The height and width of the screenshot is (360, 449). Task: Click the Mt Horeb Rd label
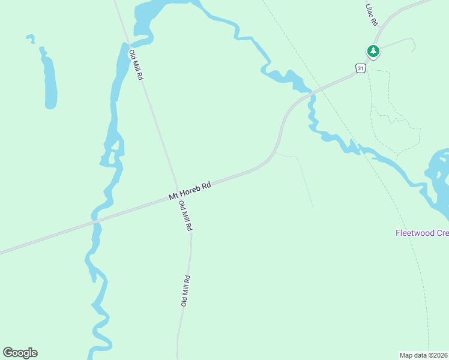click(190, 191)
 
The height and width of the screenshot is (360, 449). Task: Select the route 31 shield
click(360, 68)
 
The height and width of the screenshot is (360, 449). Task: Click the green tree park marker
click(373, 51)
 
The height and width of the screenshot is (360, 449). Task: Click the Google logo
click(20, 353)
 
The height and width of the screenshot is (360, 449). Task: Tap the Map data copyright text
click(424, 355)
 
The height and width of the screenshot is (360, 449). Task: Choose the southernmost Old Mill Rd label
click(186, 291)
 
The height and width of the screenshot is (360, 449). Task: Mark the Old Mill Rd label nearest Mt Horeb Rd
click(186, 216)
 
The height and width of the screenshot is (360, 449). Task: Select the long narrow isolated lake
click(50, 81)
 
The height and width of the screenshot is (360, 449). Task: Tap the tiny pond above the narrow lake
click(30, 38)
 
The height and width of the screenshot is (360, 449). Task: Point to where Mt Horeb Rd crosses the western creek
click(95, 221)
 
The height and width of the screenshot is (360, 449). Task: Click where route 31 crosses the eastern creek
click(312, 94)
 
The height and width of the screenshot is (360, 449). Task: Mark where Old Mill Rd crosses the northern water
click(127, 44)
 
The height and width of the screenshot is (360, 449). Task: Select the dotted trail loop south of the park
click(393, 114)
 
